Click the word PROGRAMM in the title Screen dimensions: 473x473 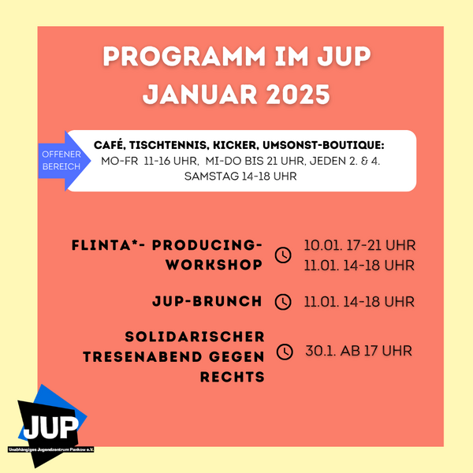click(x=184, y=56)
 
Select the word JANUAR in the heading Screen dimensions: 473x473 click(x=199, y=94)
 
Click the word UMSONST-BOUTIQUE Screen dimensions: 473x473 click(x=323, y=145)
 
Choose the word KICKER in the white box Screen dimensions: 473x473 click(x=235, y=145)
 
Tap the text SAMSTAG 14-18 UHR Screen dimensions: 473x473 click(x=240, y=176)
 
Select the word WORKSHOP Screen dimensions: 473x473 click(x=214, y=265)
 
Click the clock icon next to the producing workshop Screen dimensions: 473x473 click(x=283, y=255)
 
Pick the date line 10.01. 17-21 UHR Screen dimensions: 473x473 click(x=359, y=245)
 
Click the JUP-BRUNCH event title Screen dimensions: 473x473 click(x=207, y=301)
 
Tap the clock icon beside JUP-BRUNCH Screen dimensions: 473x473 click(x=283, y=302)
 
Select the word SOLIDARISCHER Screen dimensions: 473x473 click(x=195, y=337)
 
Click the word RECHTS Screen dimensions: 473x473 click(x=233, y=377)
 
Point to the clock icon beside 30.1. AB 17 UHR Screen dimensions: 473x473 click(x=285, y=352)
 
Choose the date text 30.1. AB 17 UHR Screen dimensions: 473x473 click(x=359, y=351)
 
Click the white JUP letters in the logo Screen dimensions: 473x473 click(x=50, y=427)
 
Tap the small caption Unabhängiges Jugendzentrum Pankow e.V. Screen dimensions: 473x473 click(x=51, y=449)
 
